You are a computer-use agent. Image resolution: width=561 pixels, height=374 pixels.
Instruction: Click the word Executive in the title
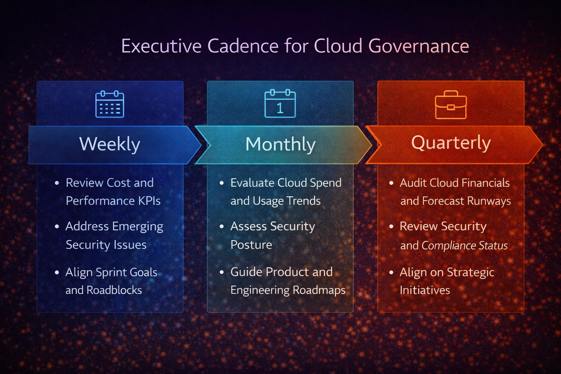[x=161, y=46]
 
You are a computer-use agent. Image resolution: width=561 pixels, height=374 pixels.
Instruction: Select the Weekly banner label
[x=110, y=144]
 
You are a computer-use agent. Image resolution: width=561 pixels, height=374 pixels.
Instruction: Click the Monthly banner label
[x=280, y=144]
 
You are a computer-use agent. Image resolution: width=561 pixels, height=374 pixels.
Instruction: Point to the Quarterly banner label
[x=451, y=143]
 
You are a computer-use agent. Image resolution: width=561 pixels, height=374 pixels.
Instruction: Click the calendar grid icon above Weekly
[x=110, y=104]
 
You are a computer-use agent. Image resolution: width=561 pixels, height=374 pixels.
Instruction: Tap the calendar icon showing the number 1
[x=280, y=104]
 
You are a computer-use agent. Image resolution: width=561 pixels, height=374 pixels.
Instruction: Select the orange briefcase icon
[x=451, y=105]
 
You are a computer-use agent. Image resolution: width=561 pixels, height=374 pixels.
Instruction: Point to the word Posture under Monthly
[x=251, y=245]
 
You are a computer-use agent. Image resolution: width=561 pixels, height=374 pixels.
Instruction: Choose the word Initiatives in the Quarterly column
[x=425, y=290]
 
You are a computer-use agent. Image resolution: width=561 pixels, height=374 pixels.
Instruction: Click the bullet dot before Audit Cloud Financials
[x=392, y=183]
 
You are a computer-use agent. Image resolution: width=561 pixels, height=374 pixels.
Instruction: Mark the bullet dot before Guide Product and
[x=222, y=272]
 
